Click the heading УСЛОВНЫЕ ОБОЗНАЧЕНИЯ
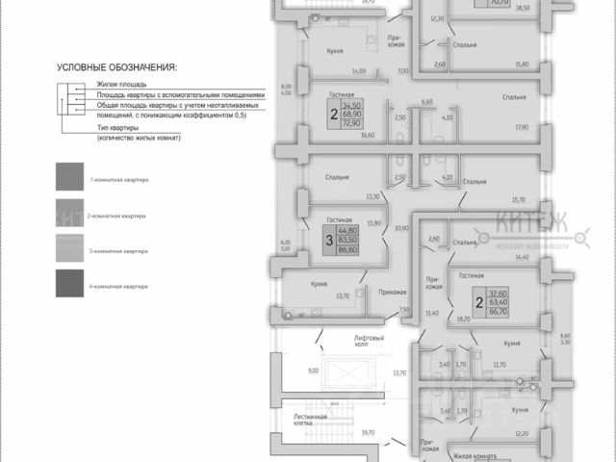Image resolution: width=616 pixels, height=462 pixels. tap(117, 67)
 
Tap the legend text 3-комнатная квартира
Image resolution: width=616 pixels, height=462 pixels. tap(118, 251)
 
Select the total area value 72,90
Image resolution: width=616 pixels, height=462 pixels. tap(339, 124)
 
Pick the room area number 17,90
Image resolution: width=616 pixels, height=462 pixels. tap(522, 127)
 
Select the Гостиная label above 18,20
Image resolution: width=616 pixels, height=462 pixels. tap(471, 275)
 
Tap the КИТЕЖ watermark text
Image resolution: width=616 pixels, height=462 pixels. tap(534, 227)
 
